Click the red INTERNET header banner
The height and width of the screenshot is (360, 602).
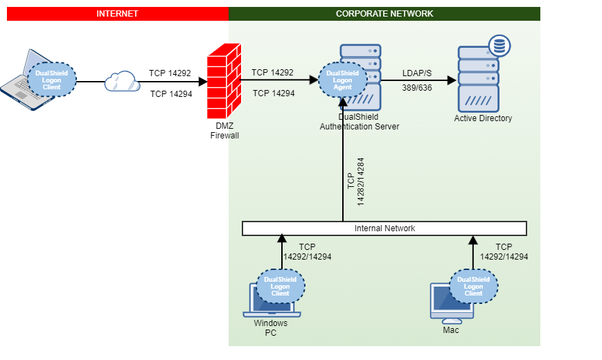117,14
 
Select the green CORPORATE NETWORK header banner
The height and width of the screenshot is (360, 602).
384,14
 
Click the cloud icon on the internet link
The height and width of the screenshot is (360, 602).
122,82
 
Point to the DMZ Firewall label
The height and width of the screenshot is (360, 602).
224,132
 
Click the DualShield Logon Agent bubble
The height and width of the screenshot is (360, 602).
342,80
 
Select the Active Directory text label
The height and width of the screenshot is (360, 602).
483,118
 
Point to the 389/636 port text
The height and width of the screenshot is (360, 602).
417,88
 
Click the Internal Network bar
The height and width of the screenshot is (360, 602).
384,228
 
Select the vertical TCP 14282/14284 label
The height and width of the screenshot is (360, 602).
355,181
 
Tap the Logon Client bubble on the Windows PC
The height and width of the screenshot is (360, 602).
280,287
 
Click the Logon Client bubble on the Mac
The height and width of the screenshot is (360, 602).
473,287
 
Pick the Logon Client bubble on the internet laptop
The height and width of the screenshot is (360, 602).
52,80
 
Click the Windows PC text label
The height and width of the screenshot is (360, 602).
270,328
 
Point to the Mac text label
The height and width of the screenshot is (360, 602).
451,330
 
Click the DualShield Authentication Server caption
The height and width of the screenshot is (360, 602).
359,122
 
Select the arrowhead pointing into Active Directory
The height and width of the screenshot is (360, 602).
452,80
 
